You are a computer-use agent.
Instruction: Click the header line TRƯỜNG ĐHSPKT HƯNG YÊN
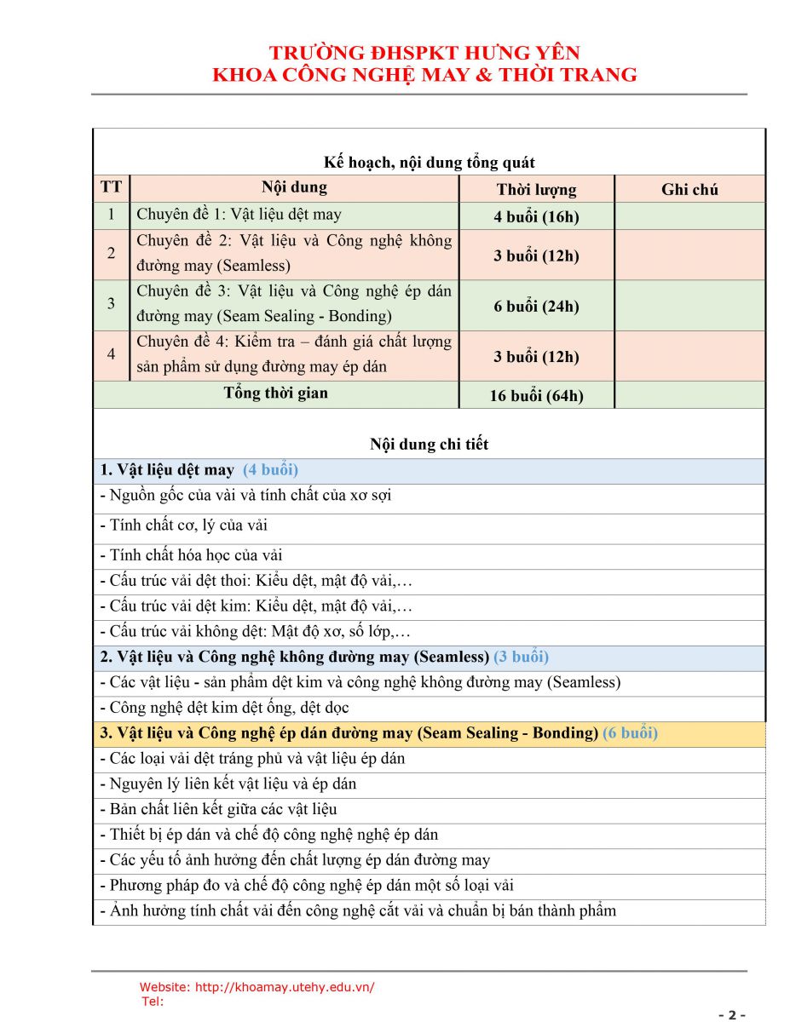pos(424,53)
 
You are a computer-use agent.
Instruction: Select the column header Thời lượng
pos(536,189)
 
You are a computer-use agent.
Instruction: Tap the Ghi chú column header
pos(689,189)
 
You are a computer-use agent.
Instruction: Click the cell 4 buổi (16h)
pos(536,216)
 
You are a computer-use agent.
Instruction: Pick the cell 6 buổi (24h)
pos(536,307)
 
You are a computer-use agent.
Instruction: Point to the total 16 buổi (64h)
pos(536,395)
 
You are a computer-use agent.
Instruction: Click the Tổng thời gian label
pos(275,393)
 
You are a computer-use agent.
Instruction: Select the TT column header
pos(111,187)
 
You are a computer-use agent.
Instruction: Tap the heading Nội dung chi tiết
pos(429,444)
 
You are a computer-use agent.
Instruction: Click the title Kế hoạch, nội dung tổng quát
pos(429,163)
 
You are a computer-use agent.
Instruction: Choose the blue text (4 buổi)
pos(270,470)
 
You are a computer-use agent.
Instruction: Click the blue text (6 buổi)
pos(630,733)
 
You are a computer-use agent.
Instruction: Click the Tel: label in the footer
pos(153,1002)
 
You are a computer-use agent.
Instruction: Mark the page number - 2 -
pos(732,1014)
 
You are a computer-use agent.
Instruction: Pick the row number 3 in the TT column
pos(111,304)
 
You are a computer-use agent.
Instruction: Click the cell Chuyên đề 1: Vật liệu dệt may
pos(239,215)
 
